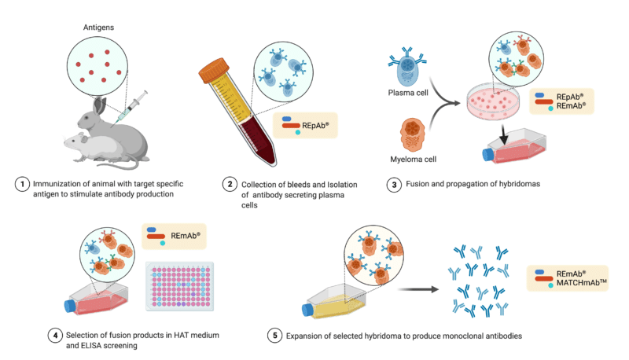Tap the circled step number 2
[230, 184]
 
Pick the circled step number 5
[274, 336]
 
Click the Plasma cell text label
[409, 92]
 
